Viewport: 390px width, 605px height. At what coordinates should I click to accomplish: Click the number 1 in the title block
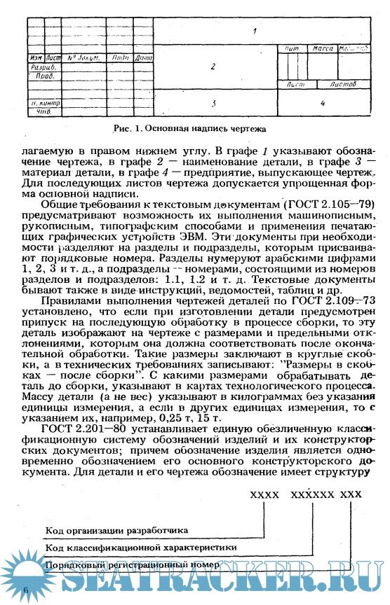(255, 31)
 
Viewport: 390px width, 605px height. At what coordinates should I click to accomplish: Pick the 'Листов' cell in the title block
(342, 84)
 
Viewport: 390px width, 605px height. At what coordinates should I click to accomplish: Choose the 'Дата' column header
(143, 57)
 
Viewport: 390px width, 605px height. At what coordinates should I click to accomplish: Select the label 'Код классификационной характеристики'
(140, 547)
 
